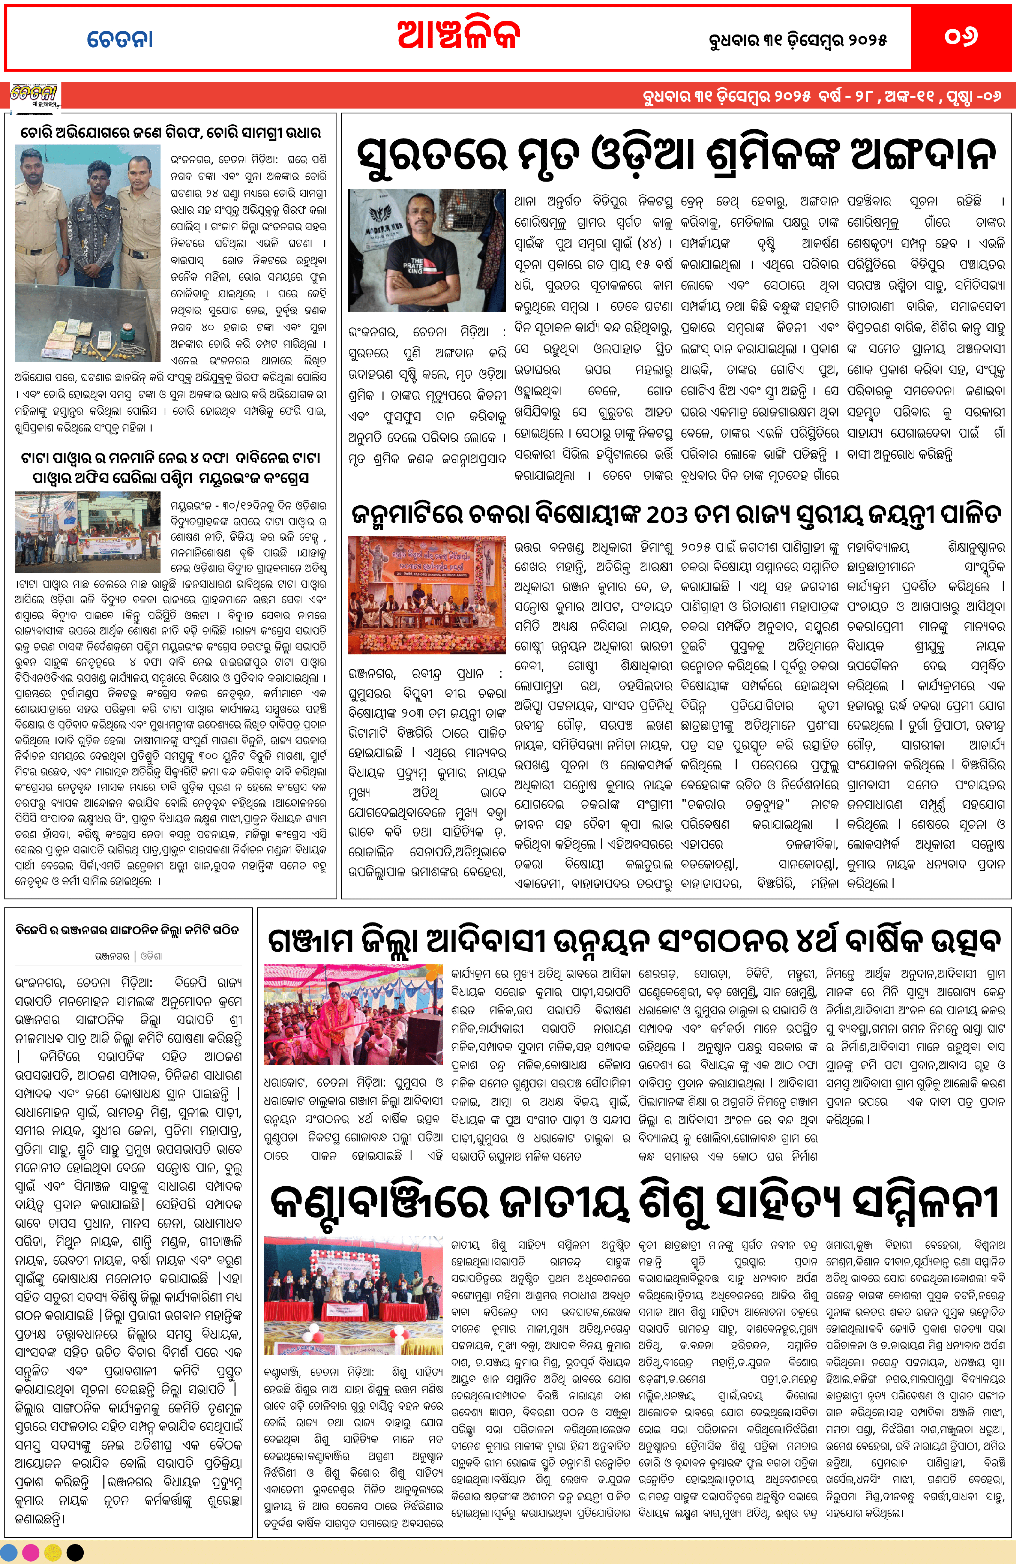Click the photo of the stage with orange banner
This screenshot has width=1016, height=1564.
(427, 595)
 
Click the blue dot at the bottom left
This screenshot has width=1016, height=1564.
(10, 1553)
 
